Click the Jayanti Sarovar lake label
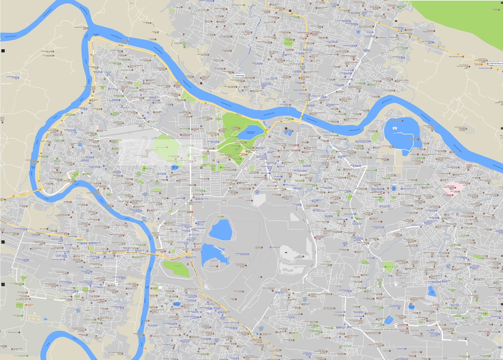pos(251,133)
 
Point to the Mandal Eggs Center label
pos(47,51)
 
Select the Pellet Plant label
pos(213,266)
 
